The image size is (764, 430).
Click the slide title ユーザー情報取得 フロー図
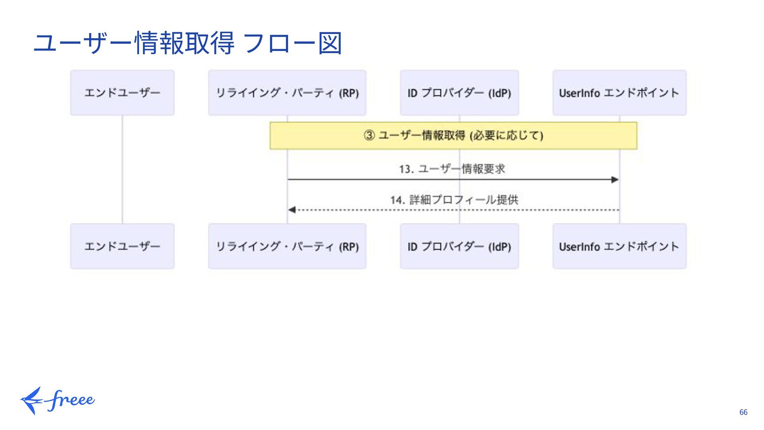[x=187, y=43]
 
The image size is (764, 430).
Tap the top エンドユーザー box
[x=122, y=93]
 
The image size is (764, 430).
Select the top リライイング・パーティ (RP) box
[x=287, y=93]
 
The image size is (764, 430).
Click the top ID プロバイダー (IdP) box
[x=459, y=93]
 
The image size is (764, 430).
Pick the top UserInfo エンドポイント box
[x=619, y=93]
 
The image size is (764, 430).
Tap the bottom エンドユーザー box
[x=122, y=246]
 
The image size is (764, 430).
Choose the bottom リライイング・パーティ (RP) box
[x=287, y=246]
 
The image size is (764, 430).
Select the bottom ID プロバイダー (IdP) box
[x=459, y=246]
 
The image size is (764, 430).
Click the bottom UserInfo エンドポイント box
[x=619, y=246]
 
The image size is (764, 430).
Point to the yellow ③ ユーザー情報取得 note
[x=453, y=136]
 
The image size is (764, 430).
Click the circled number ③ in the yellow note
[x=369, y=135]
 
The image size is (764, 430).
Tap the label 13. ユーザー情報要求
[x=452, y=169]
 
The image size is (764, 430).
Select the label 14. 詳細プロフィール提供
[x=454, y=199]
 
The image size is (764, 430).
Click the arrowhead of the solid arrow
[x=615, y=180]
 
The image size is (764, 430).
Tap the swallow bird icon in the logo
[x=32, y=400]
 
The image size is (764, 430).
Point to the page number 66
[x=743, y=412]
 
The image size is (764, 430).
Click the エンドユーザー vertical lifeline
[x=122, y=169]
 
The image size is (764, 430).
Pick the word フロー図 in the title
[x=292, y=43]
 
